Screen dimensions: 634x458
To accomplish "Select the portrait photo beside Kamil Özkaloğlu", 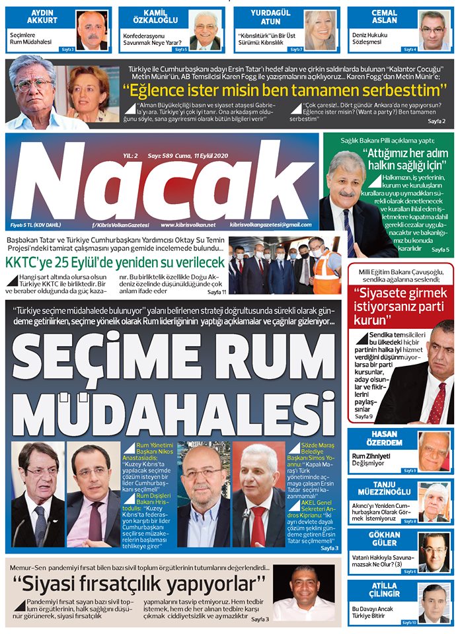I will coord(206,31).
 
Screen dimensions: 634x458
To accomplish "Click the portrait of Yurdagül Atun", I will coord(320,30).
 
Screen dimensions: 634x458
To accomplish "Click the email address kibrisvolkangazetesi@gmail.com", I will coord(272,225).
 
